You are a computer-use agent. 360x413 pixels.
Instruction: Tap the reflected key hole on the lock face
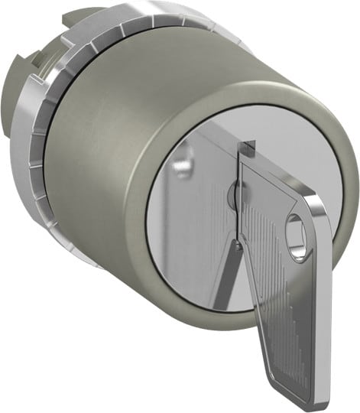(x=180, y=164)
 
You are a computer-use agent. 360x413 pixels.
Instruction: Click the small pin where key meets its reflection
(x=238, y=244)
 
